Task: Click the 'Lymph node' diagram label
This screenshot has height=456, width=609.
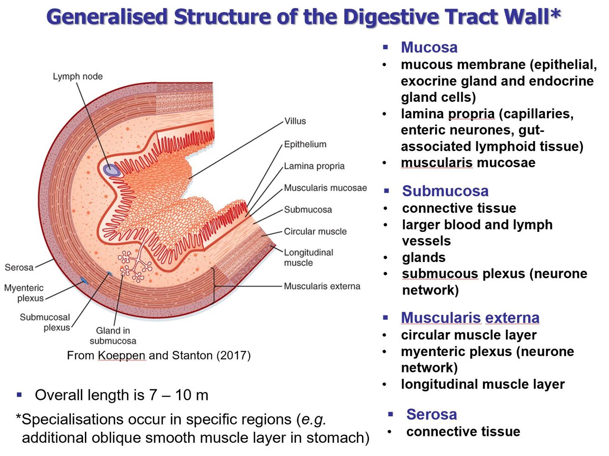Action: pyautogui.click(x=78, y=76)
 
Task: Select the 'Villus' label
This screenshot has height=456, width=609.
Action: pyautogui.click(x=295, y=121)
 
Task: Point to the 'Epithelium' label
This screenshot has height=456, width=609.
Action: pyautogui.click(x=305, y=144)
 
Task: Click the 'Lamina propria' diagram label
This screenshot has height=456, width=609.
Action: pyautogui.click(x=314, y=166)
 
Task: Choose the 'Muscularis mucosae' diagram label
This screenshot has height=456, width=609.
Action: pyautogui.click(x=325, y=188)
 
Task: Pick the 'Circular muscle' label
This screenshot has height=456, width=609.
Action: pyautogui.click(x=315, y=231)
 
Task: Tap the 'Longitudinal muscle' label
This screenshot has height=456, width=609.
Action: pyautogui.click(x=308, y=257)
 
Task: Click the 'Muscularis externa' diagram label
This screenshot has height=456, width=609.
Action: pyautogui.click(x=322, y=286)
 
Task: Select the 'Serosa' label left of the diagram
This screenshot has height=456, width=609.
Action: pyautogui.click(x=19, y=267)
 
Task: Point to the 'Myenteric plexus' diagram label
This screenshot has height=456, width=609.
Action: pyautogui.click(x=24, y=293)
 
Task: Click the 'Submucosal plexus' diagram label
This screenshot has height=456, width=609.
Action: pyautogui.click(x=45, y=322)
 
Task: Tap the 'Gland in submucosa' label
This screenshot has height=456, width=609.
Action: pyautogui.click(x=113, y=335)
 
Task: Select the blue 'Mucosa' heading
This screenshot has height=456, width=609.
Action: pyautogui.click(x=429, y=47)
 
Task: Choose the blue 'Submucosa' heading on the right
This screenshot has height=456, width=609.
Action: pyautogui.click(x=445, y=191)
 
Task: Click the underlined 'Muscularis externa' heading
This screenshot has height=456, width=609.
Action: pyautogui.click(x=470, y=317)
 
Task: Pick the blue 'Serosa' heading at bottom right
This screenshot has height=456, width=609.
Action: pyautogui.click(x=431, y=414)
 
